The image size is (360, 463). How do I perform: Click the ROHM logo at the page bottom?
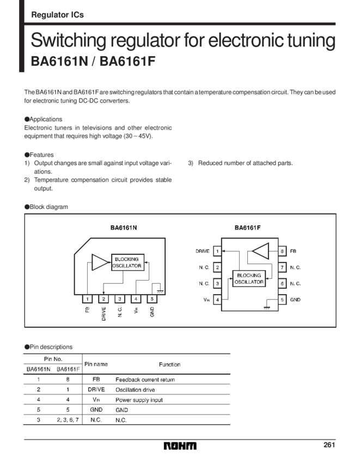pos(180,446)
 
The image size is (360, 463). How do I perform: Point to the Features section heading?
pos(39,154)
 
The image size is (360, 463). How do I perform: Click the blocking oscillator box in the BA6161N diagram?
pos(127,263)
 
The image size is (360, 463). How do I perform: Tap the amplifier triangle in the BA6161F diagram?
pos(259,252)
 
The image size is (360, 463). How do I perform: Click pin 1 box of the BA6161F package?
pos(217,251)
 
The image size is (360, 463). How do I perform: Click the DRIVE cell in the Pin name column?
pos(97,389)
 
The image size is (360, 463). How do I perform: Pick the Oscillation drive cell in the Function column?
pos(135,389)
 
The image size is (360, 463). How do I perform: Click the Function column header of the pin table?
pos(169,364)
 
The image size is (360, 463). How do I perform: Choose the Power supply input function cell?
pos(139,400)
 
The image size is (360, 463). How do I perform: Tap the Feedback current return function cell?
pos(145,380)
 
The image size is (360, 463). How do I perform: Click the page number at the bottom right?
pos(328,445)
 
